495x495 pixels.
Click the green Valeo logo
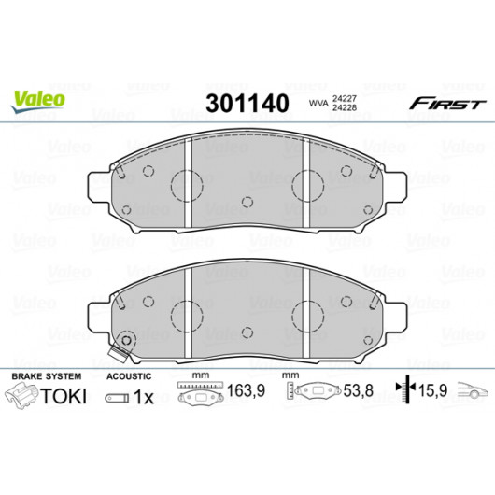click(38, 101)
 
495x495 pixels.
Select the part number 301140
click(247, 104)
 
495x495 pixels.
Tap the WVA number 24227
click(345, 99)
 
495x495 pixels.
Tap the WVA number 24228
click(345, 107)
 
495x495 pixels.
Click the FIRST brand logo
click(447, 104)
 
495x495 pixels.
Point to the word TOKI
click(64, 396)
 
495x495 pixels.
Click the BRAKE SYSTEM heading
click(47, 376)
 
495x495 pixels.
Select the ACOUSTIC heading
click(129, 376)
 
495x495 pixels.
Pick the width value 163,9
click(246, 390)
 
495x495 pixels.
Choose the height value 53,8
click(359, 390)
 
